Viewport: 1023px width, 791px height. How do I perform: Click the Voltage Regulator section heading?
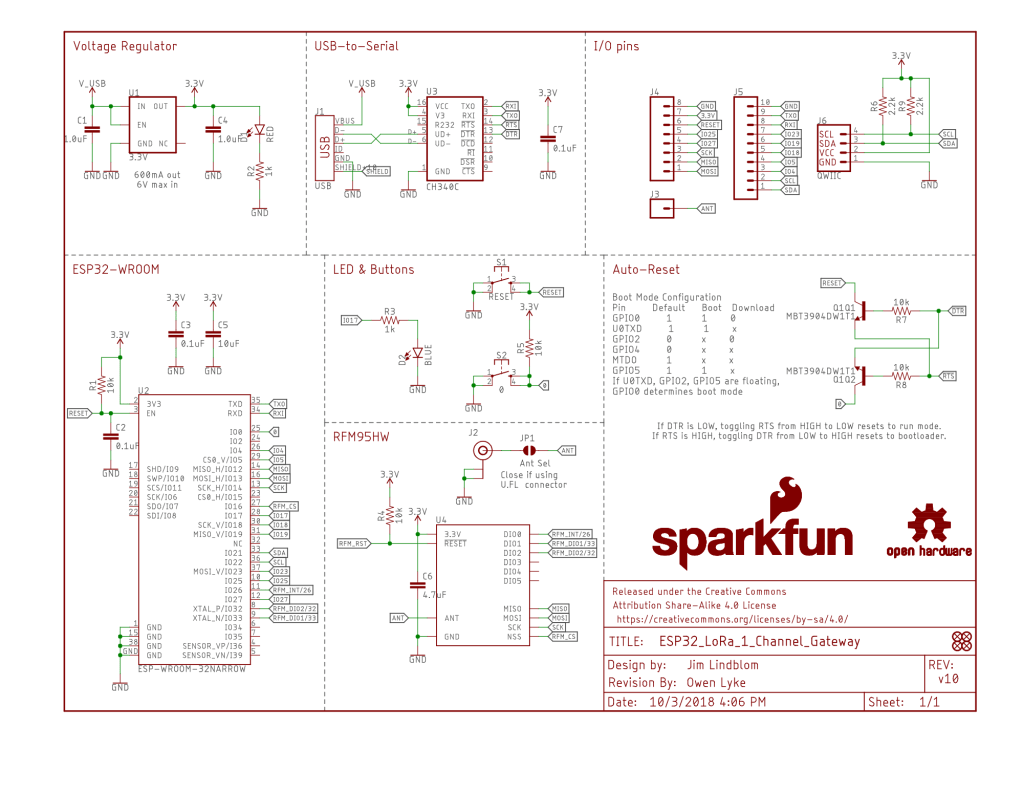pos(125,46)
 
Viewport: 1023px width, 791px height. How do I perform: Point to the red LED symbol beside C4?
pos(258,130)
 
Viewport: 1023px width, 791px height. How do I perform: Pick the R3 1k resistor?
pos(389,320)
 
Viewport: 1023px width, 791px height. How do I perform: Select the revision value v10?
pos(947,680)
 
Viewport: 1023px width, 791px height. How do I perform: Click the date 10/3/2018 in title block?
pos(689,702)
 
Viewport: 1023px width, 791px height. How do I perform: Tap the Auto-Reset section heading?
pos(645,270)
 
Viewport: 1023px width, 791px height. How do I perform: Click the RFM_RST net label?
pos(355,543)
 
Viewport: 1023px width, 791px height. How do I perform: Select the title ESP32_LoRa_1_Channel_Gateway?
pos(759,642)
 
